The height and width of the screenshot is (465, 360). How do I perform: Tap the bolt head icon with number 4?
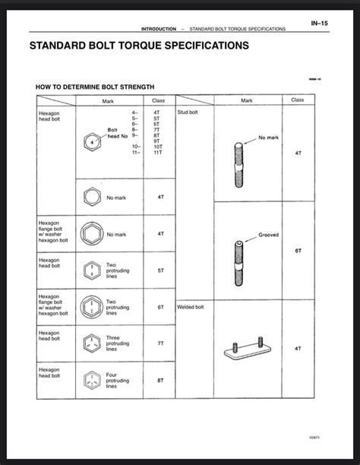coord(91,141)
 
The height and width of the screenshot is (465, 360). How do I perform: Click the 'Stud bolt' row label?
coord(187,112)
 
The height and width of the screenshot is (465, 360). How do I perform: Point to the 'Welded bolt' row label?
coord(190,307)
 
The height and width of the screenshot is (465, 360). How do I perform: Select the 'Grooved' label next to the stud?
coord(268,235)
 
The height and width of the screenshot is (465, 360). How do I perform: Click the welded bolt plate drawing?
coord(247,350)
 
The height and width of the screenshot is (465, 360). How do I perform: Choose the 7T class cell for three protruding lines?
coord(160,343)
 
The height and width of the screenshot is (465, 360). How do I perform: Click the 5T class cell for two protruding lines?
coord(160,270)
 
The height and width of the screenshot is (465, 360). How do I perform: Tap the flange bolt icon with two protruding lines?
coord(91,306)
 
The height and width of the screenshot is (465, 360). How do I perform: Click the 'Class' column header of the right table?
coord(298,100)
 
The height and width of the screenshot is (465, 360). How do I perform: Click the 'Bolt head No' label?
coord(118,133)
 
